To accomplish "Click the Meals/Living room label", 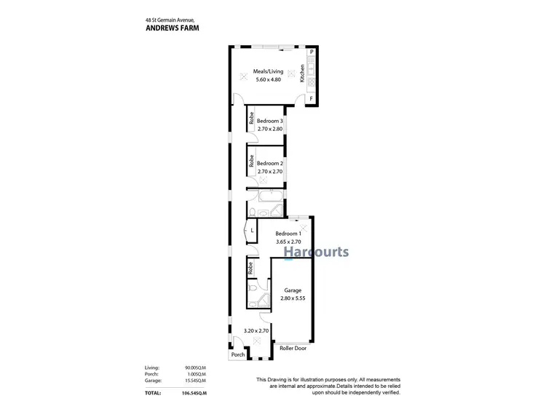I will coord(267,71).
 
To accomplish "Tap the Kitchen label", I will coord(302,72).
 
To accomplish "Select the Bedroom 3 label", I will coord(270,121).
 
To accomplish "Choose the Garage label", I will coord(293,290).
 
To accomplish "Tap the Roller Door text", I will coord(293,349).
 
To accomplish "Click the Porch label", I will coord(237,356).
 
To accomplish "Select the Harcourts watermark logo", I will coord(315,252).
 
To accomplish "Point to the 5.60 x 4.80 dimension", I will coord(267,79).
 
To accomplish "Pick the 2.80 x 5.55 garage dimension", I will coord(293,298).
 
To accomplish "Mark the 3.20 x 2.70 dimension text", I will coord(256,330).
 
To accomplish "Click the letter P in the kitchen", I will coord(311,53).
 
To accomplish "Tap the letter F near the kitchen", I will coord(311,98).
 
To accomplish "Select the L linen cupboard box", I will coord(251,231).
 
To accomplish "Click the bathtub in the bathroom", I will coord(267,196).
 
